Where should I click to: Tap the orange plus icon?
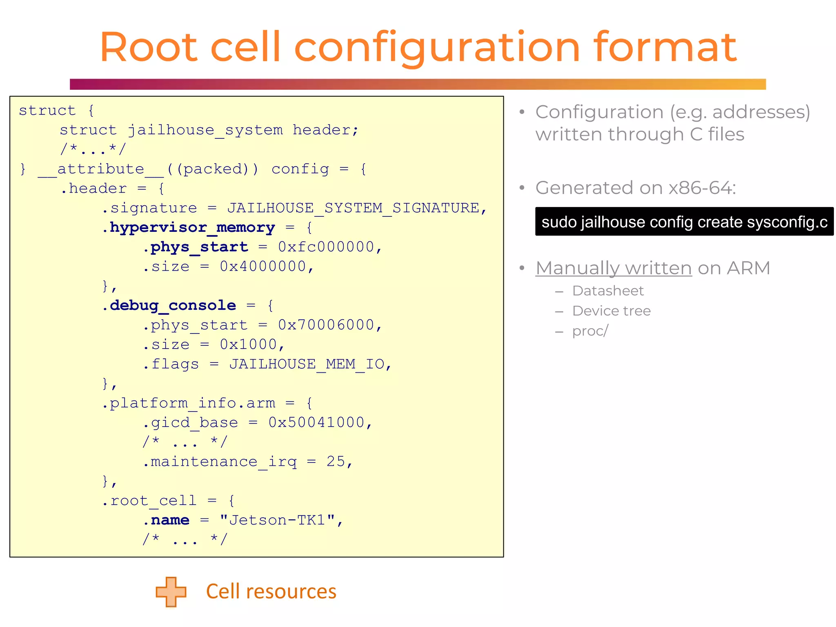(x=171, y=591)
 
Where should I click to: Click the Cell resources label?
(x=271, y=591)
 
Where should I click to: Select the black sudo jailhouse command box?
(x=684, y=222)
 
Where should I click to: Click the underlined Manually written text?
(x=614, y=268)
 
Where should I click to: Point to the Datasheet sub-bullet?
(x=607, y=291)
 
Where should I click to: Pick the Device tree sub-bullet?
(x=611, y=311)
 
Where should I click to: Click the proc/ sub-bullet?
(x=590, y=331)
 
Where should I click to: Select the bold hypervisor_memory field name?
(x=192, y=227)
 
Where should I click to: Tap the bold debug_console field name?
(x=173, y=305)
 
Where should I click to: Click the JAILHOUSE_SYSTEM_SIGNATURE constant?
(x=353, y=208)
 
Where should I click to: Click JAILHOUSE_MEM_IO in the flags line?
(x=307, y=364)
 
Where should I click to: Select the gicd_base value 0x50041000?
(x=316, y=422)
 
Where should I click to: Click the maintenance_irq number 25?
(x=336, y=462)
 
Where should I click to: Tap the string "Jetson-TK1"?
(x=277, y=520)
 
